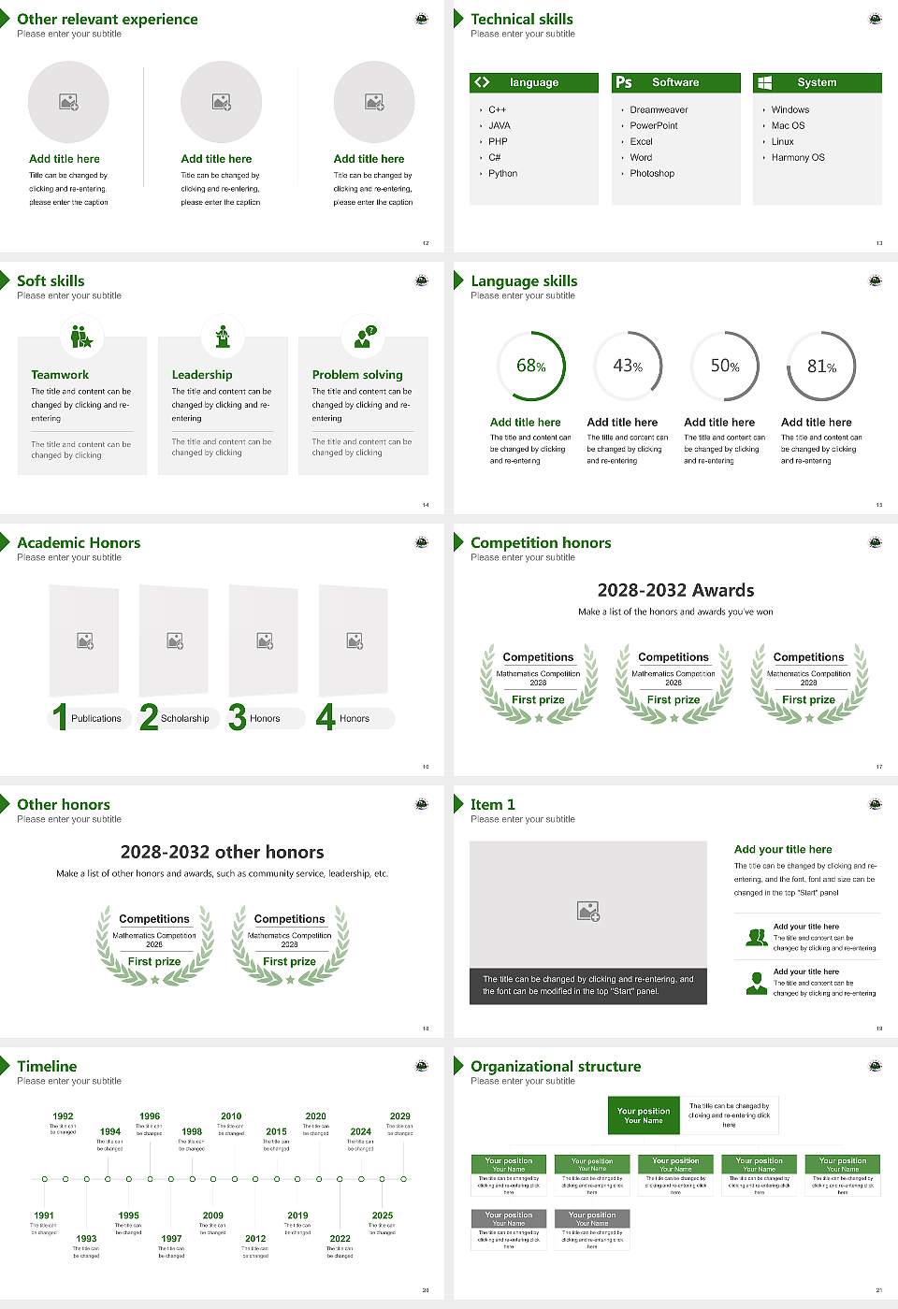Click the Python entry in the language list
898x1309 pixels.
(x=502, y=174)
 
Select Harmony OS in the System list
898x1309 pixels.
(x=798, y=158)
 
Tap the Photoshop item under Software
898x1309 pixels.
(x=652, y=174)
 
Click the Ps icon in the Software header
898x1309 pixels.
(x=624, y=82)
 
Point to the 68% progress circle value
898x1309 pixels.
(x=531, y=366)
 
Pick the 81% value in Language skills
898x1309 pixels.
(x=821, y=367)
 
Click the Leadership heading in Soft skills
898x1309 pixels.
(x=202, y=375)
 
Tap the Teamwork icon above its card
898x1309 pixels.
(x=82, y=337)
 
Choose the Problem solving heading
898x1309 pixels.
(x=357, y=375)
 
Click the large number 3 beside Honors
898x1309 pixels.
(x=238, y=717)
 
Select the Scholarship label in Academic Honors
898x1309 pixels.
(x=184, y=719)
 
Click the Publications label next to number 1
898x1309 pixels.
(x=96, y=719)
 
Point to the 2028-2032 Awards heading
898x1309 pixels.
(x=675, y=590)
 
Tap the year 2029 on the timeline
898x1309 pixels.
(x=400, y=1116)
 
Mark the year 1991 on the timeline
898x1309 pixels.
(x=44, y=1216)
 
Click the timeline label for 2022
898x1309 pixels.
(x=340, y=1239)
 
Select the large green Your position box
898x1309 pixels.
(x=644, y=1115)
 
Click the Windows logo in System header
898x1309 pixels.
(x=764, y=82)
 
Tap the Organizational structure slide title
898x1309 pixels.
(x=556, y=1066)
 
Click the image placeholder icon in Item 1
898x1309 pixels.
(x=588, y=911)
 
